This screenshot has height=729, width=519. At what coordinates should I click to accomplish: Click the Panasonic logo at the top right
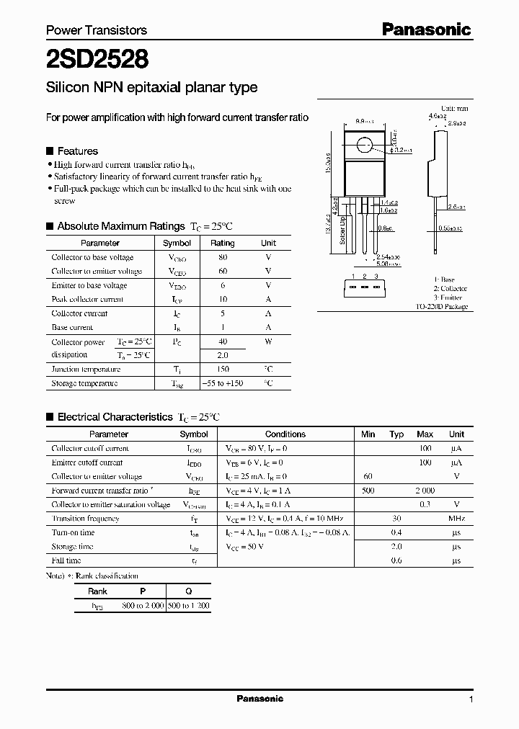pyautogui.click(x=426, y=29)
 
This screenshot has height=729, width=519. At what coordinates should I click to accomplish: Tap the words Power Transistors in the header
pyautogui.click(x=97, y=30)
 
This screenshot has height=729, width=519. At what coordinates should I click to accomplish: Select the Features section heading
pyautogui.click(x=77, y=151)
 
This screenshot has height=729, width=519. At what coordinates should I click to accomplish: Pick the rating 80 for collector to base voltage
pyautogui.click(x=222, y=257)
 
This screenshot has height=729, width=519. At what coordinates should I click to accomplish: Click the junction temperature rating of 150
pyautogui.click(x=222, y=369)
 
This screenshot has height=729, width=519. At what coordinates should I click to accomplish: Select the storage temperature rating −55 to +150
pyautogui.click(x=222, y=383)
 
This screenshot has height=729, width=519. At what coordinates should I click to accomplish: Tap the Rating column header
pyautogui.click(x=222, y=243)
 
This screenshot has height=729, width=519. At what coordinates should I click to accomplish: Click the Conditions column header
pyautogui.click(x=285, y=434)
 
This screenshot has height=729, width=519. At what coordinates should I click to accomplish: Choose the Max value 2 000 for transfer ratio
pyautogui.click(x=425, y=491)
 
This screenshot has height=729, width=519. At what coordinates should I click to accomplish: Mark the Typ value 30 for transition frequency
pyautogui.click(x=396, y=519)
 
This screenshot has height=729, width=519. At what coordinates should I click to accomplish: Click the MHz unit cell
pyautogui.click(x=456, y=519)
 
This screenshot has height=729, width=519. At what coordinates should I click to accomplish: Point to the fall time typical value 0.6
pyautogui.click(x=396, y=560)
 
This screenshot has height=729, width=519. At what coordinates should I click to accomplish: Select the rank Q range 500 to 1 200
pyautogui.click(x=188, y=606)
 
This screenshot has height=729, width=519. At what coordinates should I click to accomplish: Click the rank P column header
pyautogui.click(x=143, y=591)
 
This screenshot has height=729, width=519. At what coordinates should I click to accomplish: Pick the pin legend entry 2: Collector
pyautogui.click(x=450, y=288)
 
